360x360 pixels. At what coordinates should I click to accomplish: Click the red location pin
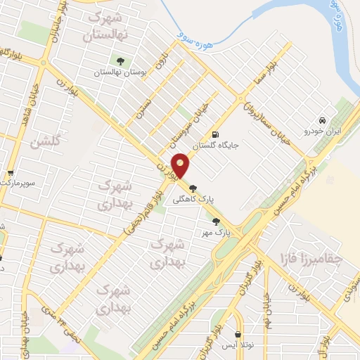(x=181, y=165)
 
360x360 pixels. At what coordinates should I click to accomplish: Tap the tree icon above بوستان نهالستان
(x=120, y=60)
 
